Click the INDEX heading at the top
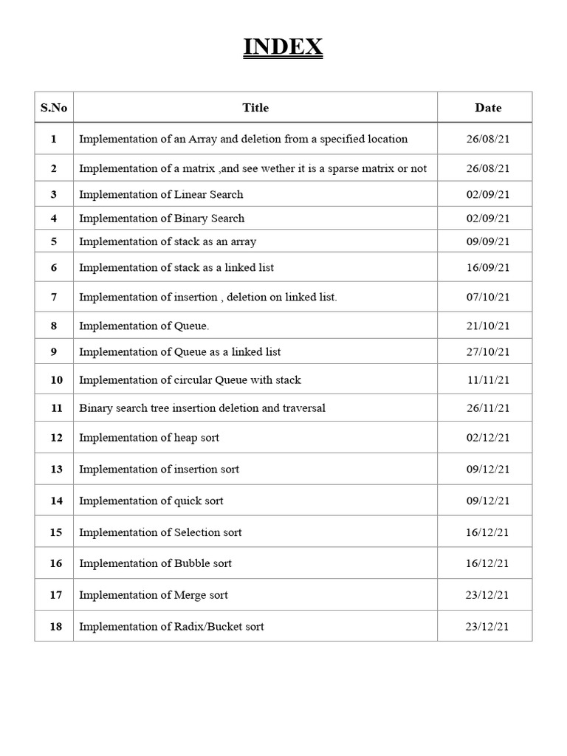(283, 48)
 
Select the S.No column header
(54, 108)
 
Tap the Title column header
(255, 108)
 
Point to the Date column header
(488, 108)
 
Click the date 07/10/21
(488, 297)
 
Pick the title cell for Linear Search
(161, 195)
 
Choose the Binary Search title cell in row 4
(162, 219)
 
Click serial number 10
(54, 380)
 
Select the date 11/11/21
(488, 380)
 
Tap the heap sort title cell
(149, 438)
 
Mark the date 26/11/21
(488, 408)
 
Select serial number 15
(54, 532)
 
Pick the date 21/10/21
(488, 326)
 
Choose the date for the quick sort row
(488, 501)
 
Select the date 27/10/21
(488, 352)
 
